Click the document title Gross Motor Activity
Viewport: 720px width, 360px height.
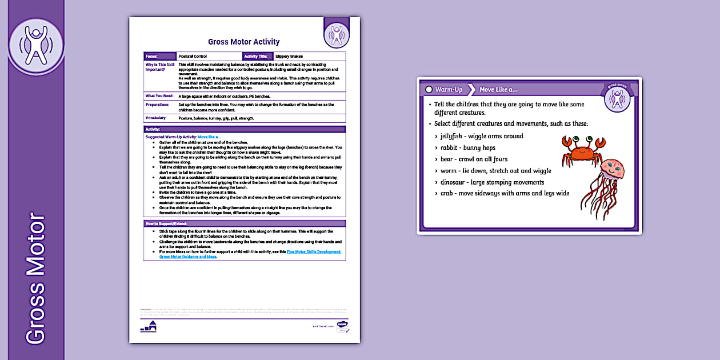244,42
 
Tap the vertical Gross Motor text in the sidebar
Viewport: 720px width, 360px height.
36,279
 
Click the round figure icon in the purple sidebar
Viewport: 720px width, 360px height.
36,46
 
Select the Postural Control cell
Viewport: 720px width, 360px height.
193,57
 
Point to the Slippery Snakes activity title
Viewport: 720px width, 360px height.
289,57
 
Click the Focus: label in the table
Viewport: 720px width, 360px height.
152,57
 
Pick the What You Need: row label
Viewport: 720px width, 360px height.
159,96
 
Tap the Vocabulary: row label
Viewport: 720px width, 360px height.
156,118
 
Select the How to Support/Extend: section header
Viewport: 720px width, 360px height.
166,223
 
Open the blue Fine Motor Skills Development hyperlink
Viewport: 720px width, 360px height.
314,251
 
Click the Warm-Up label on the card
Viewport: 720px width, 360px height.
449,90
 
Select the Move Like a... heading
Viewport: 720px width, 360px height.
498,90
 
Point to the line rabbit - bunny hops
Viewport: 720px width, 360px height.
468,147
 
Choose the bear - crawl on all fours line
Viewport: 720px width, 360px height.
474,159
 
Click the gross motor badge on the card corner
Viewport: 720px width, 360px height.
616,97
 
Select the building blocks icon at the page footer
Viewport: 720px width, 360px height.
148,327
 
